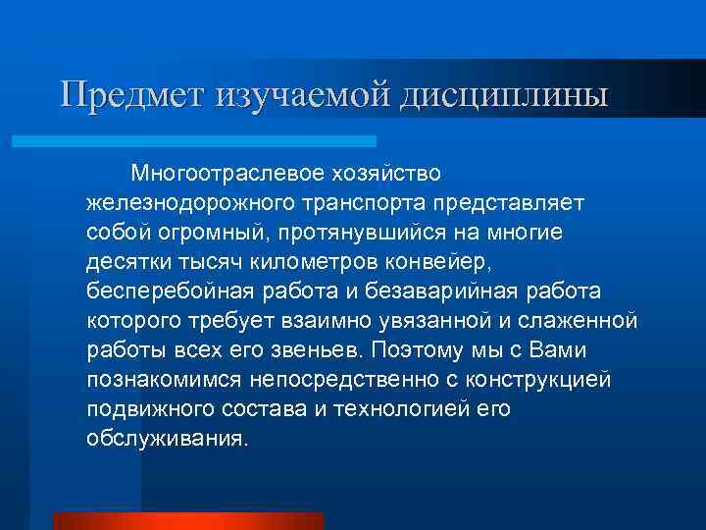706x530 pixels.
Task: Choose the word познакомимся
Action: click(x=169, y=379)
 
